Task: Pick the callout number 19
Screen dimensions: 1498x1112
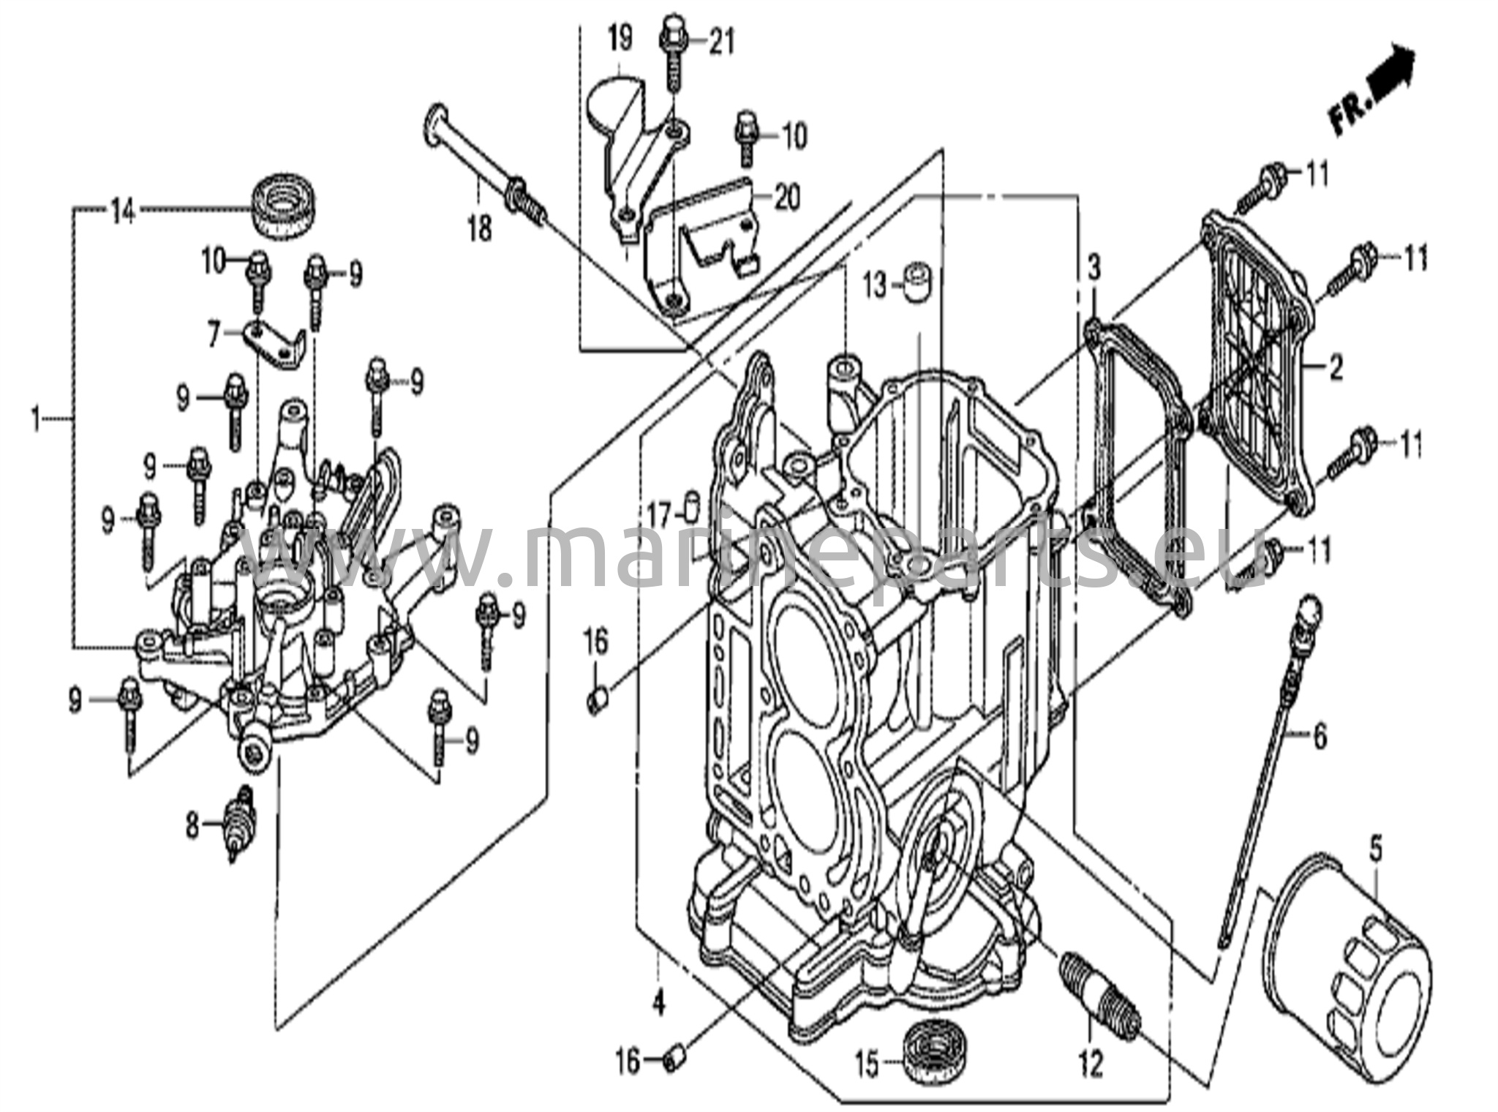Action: (x=620, y=39)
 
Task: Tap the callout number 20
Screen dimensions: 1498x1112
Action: (x=788, y=198)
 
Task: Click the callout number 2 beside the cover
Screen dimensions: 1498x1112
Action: (x=1336, y=369)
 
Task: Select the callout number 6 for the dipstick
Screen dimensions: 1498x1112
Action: (x=1320, y=738)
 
